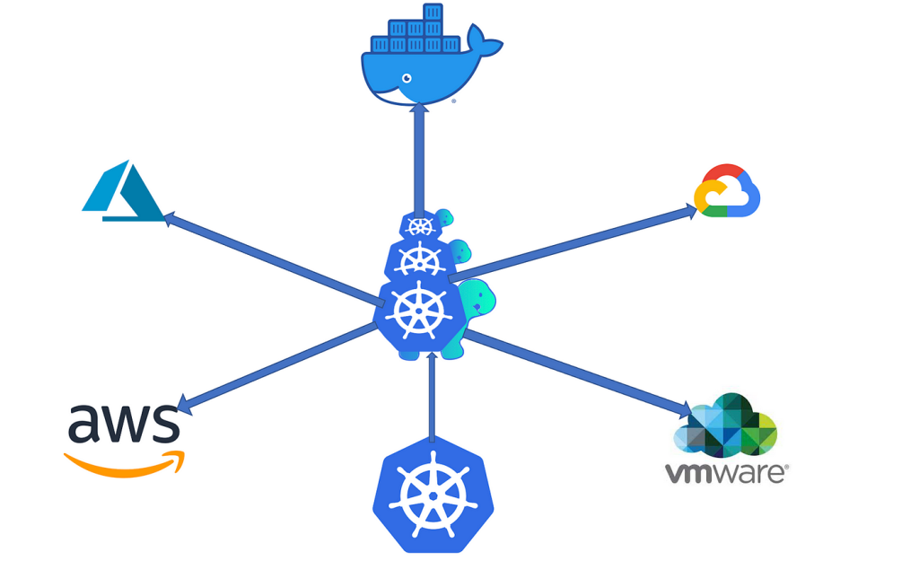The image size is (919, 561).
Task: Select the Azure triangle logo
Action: coord(121,191)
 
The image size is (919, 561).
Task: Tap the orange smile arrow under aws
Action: coord(126,462)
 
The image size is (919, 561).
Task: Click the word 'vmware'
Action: coord(725,472)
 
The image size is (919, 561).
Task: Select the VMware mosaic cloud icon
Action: coord(725,425)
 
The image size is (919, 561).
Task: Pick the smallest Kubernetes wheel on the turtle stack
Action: coord(418,225)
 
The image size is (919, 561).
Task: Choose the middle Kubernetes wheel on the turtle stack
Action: coord(417,260)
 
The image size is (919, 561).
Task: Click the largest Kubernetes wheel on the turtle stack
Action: coord(418,312)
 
